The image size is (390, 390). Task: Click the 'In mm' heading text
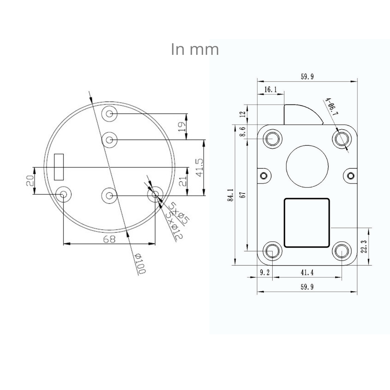pyautogui.click(x=195, y=49)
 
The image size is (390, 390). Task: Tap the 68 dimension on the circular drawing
pyautogui.click(x=109, y=239)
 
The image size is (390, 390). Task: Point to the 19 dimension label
pyautogui.click(x=182, y=126)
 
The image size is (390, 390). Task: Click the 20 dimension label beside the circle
pyautogui.click(x=30, y=181)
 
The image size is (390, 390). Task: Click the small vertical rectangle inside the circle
pyautogui.click(x=59, y=167)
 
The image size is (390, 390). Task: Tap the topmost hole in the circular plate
pyautogui.click(x=109, y=114)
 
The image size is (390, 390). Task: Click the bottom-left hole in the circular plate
pyautogui.click(x=63, y=195)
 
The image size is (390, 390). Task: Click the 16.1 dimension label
pyautogui.click(x=270, y=89)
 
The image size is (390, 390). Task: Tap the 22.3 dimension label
pyautogui.click(x=363, y=246)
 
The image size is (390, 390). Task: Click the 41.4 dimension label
pyautogui.click(x=307, y=273)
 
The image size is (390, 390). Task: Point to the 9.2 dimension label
pyautogui.click(x=264, y=273)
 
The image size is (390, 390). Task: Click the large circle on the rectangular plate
pyautogui.click(x=307, y=166)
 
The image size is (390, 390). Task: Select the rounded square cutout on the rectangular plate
pyautogui.click(x=307, y=222)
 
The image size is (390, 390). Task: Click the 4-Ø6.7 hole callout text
pyautogui.click(x=331, y=108)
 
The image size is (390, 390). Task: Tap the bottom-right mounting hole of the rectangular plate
pyautogui.click(x=341, y=251)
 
